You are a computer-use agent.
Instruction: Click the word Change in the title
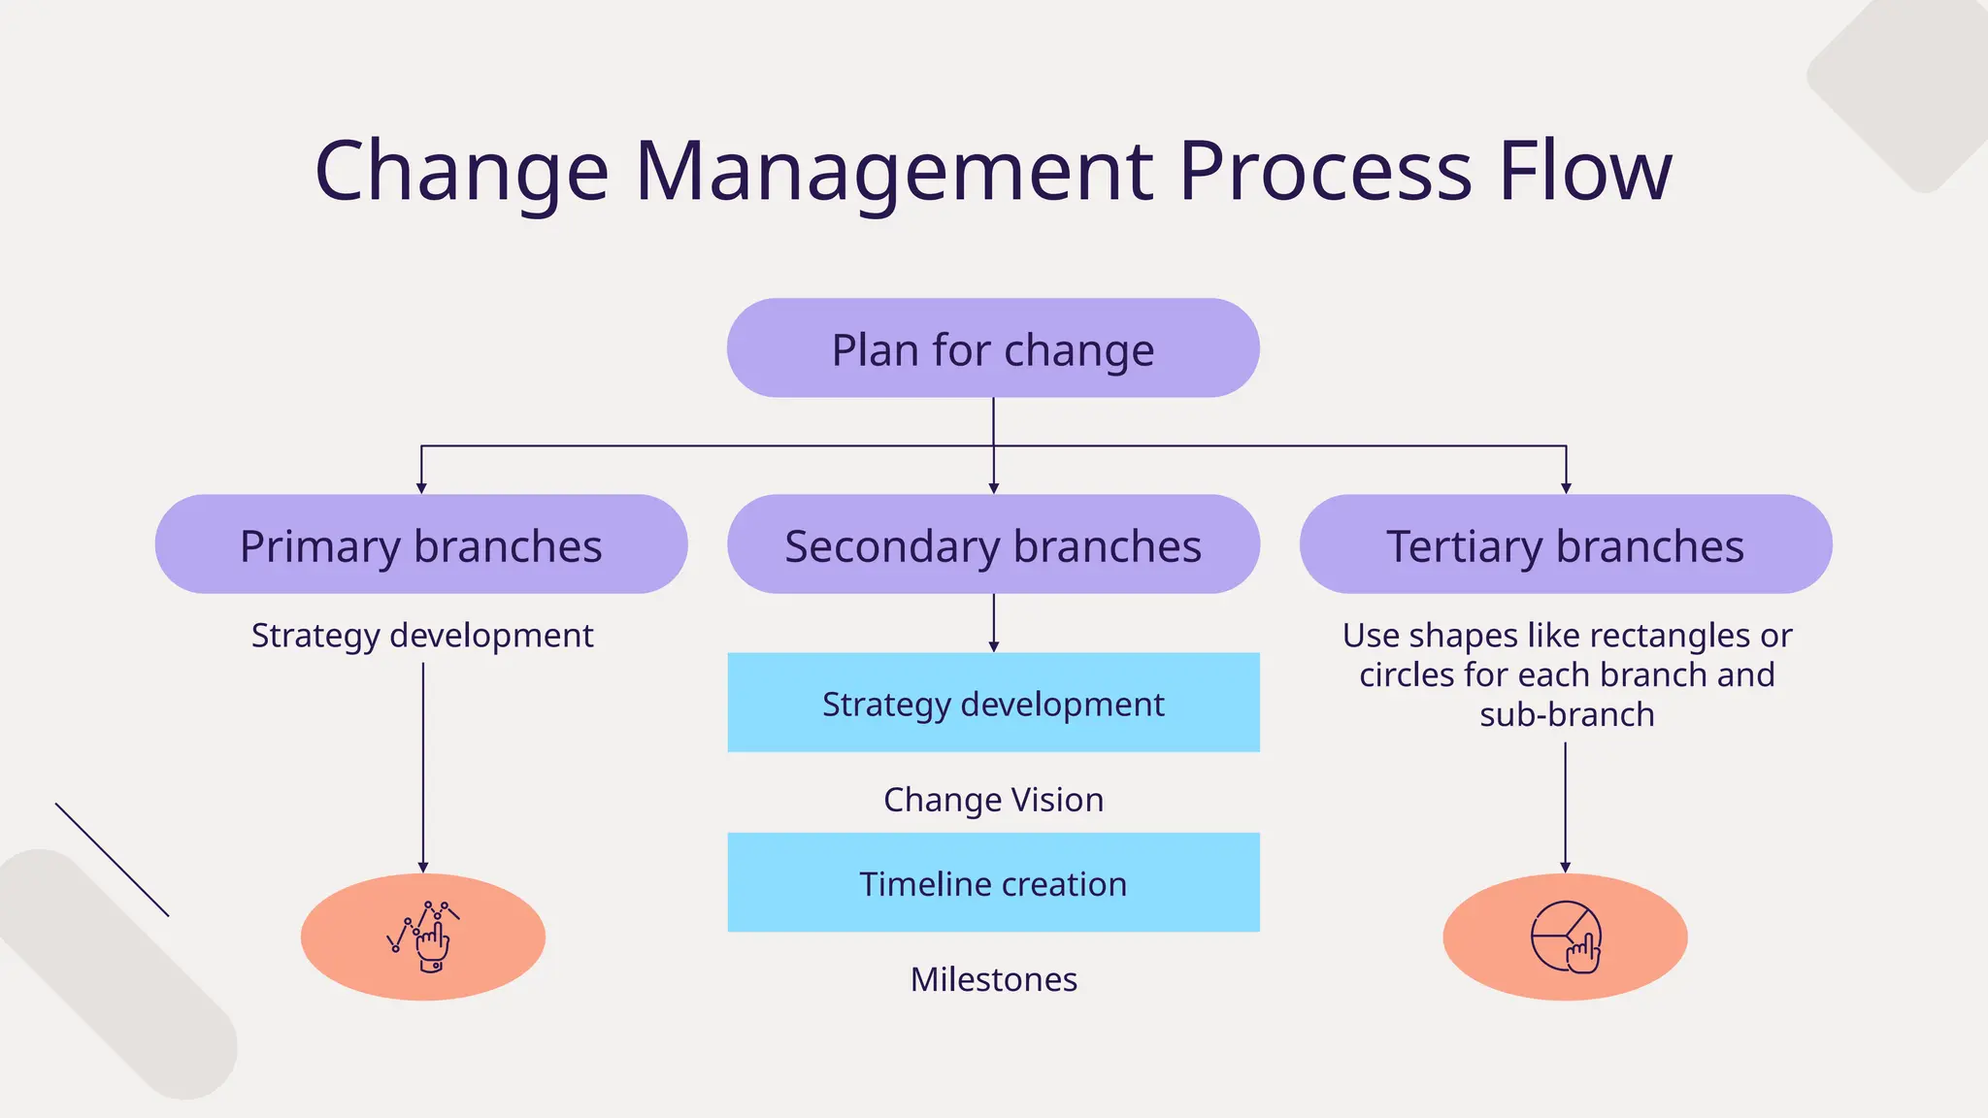[x=462, y=172]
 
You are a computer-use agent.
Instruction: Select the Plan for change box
[x=993, y=348]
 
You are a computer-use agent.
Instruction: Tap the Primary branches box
[x=420, y=545]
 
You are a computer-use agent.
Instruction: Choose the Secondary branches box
[x=993, y=545]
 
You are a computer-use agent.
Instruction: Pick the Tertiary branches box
[x=1565, y=545]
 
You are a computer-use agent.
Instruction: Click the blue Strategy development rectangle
[x=993, y=704]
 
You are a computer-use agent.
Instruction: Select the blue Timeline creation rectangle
[x=993, y=883]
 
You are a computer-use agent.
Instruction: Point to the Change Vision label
[x=993, y=800]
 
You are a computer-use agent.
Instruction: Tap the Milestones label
[x=993, y=979]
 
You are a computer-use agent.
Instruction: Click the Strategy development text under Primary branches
[x=421, y=636]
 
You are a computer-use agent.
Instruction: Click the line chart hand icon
[x=424, y=937]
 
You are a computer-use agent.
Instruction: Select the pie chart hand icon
[x=1565, y=937]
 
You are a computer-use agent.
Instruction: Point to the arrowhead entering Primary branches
[x=421, y=488]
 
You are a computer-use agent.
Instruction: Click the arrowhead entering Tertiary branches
[x=1566, y=488]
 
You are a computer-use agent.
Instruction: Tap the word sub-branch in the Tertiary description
[x=1567, y=715]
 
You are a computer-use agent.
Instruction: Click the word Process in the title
[x=1326, y=172]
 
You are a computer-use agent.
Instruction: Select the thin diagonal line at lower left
[x=112, y=860]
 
